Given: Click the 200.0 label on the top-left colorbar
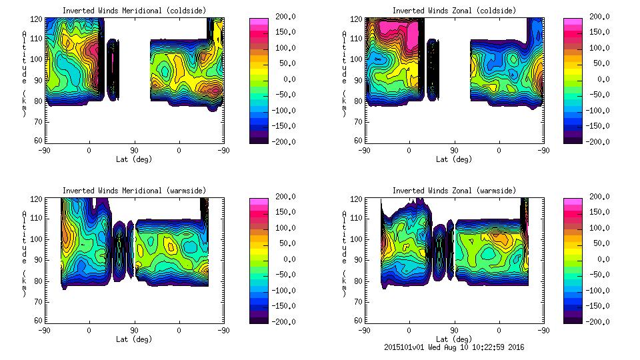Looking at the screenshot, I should click(x=286, y=17).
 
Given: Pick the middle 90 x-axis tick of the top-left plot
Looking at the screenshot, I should click(x=134, y=150).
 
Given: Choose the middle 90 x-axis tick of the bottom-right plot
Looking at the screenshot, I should click(x=454, y=330).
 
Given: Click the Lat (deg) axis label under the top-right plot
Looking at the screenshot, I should click(x=454, y=159).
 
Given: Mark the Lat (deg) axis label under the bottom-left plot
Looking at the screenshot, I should click(x=134, y=339).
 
